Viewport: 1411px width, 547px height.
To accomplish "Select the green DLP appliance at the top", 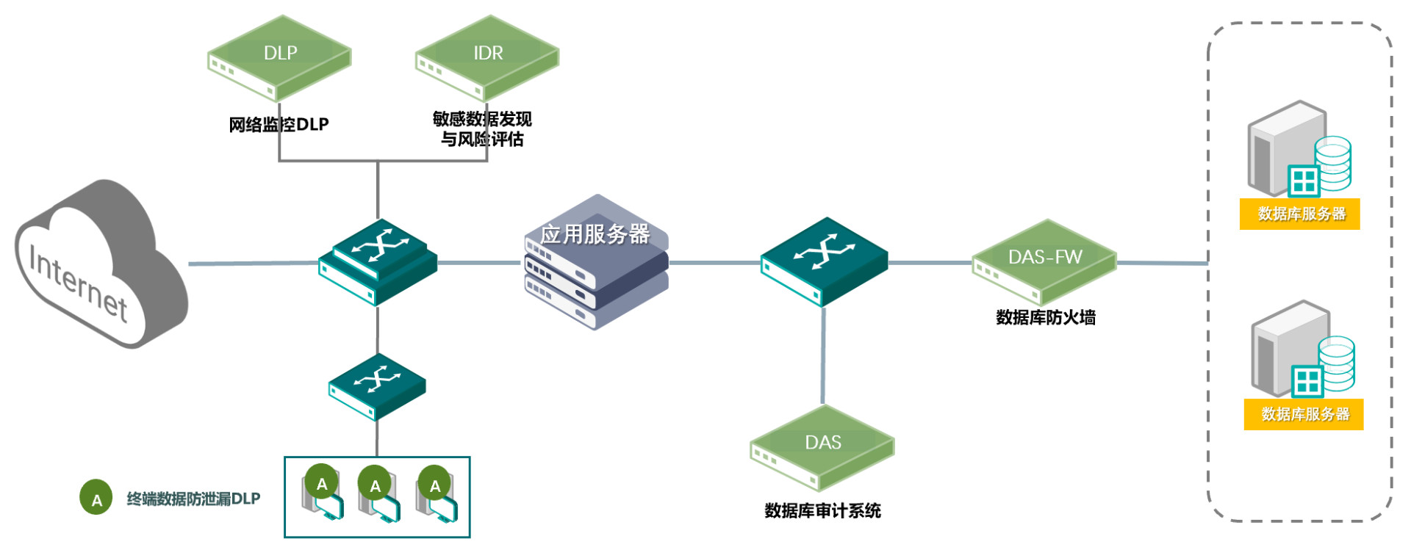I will (x=279, y=59).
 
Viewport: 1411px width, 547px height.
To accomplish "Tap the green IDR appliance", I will (x=487, y=59).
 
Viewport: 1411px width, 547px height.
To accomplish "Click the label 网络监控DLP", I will (x=279, y=125).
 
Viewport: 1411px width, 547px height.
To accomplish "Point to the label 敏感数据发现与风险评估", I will (x=482, y=128).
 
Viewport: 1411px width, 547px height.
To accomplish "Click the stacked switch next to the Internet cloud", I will (x=378, y=263).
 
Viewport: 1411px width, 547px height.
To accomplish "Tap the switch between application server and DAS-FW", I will (x=824, y=261).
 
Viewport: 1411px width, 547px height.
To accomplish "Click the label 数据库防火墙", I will (x=1045, y=317).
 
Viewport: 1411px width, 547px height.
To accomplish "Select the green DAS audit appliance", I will (x=822, y=447).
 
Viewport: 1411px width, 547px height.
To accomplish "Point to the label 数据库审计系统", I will (x=822, y=510).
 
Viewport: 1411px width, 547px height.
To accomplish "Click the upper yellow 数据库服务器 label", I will (x=1299, y=214).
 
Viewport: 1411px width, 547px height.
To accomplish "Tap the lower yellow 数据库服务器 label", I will (x=1304, y=414).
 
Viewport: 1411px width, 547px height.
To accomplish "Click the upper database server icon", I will (x=1298, y=151).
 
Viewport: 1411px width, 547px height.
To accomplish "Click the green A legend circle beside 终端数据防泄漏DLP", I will (x=96, y=498).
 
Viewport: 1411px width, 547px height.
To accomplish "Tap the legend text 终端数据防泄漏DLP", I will (x=193, y=499).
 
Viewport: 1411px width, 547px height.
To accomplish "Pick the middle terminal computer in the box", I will (x=378, y=496).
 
